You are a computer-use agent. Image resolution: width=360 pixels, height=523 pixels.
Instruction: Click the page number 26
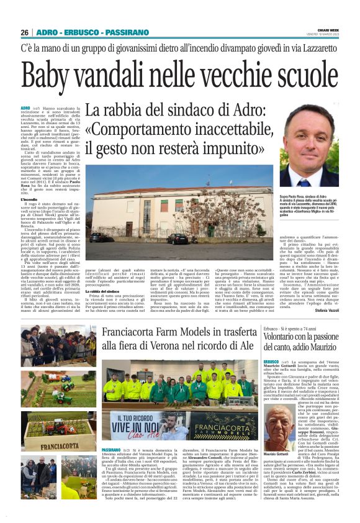[25, 32]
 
